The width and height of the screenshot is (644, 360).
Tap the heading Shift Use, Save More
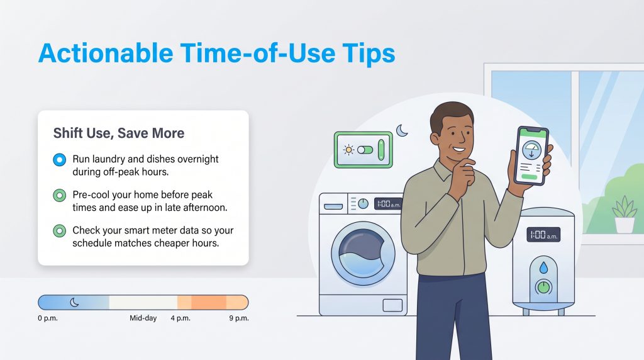119,133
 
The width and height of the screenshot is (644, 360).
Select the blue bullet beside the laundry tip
60,160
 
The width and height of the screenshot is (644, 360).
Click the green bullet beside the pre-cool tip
60,195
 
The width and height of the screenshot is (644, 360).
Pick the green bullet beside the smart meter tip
60,230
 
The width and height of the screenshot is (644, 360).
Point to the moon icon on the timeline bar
75,302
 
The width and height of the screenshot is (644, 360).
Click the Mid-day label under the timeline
143,318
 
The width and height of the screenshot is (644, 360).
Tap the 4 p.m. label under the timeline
181,318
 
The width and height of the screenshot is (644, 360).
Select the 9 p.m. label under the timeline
238,318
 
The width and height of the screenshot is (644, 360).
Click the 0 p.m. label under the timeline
48,318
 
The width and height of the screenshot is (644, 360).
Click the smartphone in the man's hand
532,156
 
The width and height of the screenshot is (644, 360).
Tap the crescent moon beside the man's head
401,131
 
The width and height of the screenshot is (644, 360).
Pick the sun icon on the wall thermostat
348,150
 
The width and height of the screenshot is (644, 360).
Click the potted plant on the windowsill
624,215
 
